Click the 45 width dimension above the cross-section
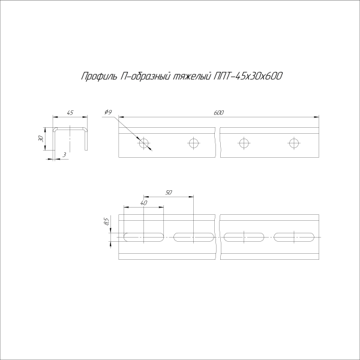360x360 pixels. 70,113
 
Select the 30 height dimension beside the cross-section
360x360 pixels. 41,139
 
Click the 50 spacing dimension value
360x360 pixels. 169,193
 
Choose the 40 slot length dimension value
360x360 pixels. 143,203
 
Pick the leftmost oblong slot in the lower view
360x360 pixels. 144,236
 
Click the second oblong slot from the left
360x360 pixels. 193,236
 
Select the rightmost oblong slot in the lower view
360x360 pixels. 293,236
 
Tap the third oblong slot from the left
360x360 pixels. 244,236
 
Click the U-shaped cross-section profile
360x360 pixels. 71,137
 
